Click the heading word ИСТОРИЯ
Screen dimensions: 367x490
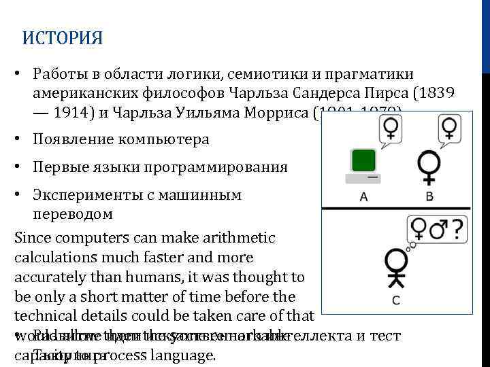coord(63,38)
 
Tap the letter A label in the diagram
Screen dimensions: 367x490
coord(363,197)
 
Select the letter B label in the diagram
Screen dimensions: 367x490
coord(429,197)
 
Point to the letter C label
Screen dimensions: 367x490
coord(396,300)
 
